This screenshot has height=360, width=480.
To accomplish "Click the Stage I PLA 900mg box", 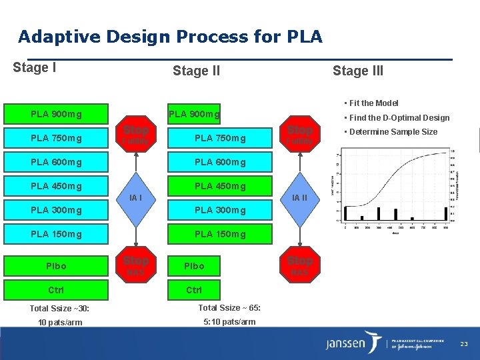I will pos(56,114).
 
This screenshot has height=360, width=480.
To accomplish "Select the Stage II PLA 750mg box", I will pos(219,138).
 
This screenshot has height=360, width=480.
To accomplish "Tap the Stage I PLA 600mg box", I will pos(56,162).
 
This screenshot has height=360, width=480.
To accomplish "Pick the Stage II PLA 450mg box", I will pos(219,186).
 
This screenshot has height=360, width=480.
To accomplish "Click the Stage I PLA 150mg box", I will pos(56,234).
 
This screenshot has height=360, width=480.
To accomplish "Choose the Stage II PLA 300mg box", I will pos(219,210).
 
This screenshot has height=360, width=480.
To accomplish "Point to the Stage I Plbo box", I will pos(56,265).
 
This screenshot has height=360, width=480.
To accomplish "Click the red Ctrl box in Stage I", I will pos(56,290).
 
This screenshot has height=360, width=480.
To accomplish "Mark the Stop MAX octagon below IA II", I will pos(299,265).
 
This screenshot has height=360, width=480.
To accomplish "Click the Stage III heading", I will pos(358,71).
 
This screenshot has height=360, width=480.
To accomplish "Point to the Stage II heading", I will pos(196,71).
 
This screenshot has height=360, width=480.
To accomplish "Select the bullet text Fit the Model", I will pos(373,103).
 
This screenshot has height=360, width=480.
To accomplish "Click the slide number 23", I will pos(465,343).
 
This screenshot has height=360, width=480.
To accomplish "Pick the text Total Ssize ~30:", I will pos(59,308).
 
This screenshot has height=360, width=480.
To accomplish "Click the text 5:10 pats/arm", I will pos(229,322).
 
